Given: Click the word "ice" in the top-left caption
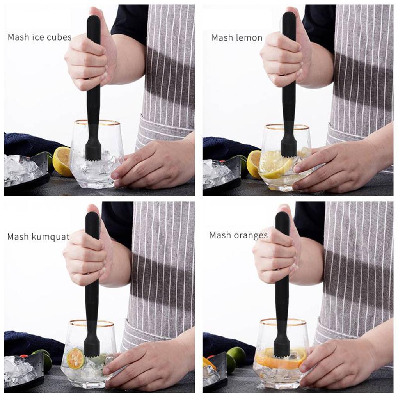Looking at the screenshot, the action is point(39,37).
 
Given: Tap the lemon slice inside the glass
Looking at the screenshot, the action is point(275,165).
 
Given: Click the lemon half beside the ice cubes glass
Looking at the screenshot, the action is point(62,161).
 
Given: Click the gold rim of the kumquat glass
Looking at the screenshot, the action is point(92,323).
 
